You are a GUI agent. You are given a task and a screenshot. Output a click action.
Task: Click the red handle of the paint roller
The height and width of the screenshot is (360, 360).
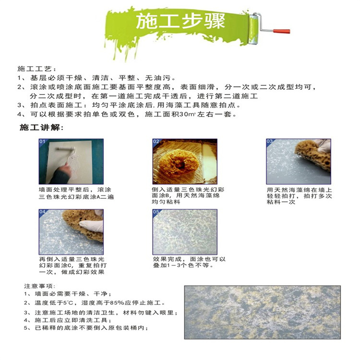pos(281,31)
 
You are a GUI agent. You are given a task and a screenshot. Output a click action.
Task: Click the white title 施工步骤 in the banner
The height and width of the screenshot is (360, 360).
pos(180,21)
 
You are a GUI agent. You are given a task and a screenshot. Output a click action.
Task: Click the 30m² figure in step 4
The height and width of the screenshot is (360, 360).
pos(187,114)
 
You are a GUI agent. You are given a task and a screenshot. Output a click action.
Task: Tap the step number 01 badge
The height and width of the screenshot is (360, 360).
pos(42,142)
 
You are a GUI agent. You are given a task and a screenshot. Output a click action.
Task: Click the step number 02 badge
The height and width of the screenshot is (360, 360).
pos(156,142)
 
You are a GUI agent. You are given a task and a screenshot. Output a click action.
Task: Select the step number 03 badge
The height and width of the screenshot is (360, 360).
pos(270,142)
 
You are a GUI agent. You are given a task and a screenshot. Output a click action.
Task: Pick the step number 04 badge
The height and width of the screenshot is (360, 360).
pos(42,212)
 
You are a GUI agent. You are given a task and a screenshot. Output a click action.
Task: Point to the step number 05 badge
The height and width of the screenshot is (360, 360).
pos(156,212)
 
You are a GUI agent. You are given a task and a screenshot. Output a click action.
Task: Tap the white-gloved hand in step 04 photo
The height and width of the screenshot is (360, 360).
pos(92,225)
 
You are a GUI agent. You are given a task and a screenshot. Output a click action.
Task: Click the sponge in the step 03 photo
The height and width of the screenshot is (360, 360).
pos(312,156)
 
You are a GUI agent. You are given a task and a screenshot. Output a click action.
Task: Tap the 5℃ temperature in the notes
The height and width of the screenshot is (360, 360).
pos(69,303)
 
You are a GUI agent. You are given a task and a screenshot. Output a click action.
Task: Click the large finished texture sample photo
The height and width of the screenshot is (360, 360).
pos(263,312)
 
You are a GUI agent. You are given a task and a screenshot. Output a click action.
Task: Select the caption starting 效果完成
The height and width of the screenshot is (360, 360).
pos(189,262)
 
